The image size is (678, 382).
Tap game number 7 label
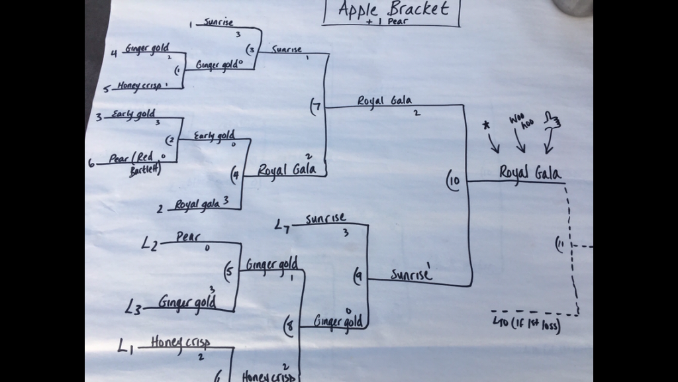pos(314,105)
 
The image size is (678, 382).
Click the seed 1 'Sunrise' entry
pos(218,23)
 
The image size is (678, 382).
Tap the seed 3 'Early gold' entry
pos(133,114)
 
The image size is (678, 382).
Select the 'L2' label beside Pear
pos(150,244)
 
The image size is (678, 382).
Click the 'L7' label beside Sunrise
pos(283,227)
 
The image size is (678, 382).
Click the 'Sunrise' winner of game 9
pos(410,273)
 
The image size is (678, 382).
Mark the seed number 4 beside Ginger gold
pos(115,54)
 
